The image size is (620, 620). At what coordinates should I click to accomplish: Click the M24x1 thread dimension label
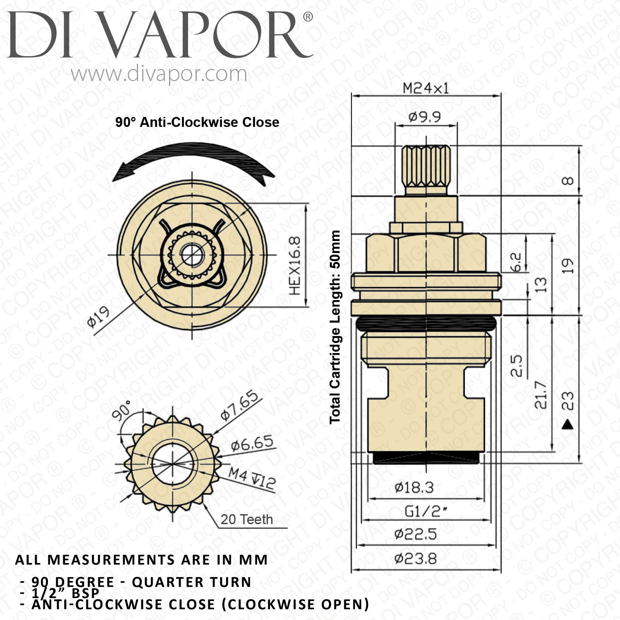point(425,88)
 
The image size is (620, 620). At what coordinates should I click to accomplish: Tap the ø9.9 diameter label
point(424,117)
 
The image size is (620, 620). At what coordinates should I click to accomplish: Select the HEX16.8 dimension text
point(295,266)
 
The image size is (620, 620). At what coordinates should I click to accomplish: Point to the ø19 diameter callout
point(98,317)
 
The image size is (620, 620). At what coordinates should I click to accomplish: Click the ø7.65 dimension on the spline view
point(240,405)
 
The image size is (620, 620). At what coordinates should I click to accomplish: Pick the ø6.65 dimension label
point(252,444)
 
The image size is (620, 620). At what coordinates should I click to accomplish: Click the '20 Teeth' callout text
point(247,519)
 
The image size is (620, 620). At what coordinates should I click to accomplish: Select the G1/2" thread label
point(426,512)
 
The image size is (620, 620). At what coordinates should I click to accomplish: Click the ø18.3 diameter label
point(414,488)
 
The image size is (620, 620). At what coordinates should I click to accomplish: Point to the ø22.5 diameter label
point(415,534)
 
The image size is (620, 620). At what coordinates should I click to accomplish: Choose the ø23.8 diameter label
point(415,559)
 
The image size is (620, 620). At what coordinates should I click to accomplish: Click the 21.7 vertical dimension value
point(541,395)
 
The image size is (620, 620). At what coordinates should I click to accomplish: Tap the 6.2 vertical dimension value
point(516,262)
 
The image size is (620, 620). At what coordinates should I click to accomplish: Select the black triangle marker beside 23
point(568,424)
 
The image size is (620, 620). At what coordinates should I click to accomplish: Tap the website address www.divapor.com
point(159,74)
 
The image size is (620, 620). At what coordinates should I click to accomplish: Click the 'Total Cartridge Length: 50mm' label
point(335,327)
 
